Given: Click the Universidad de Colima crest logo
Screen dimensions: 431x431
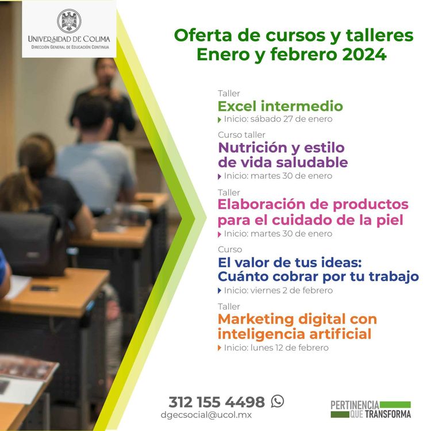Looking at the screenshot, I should point(69,21).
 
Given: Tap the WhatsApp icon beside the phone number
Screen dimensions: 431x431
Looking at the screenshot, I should point(278,401).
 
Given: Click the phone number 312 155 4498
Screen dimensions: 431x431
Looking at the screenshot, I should point(216,402).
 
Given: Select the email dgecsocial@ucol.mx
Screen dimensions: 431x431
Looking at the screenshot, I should point(206,415).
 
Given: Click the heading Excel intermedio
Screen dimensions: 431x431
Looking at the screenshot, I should point(280,106).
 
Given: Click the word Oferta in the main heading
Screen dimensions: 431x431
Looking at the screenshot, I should point(201,35).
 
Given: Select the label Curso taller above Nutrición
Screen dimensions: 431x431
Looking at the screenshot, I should point(241,134).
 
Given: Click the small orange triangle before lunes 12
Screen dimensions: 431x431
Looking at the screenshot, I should point(220,348).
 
